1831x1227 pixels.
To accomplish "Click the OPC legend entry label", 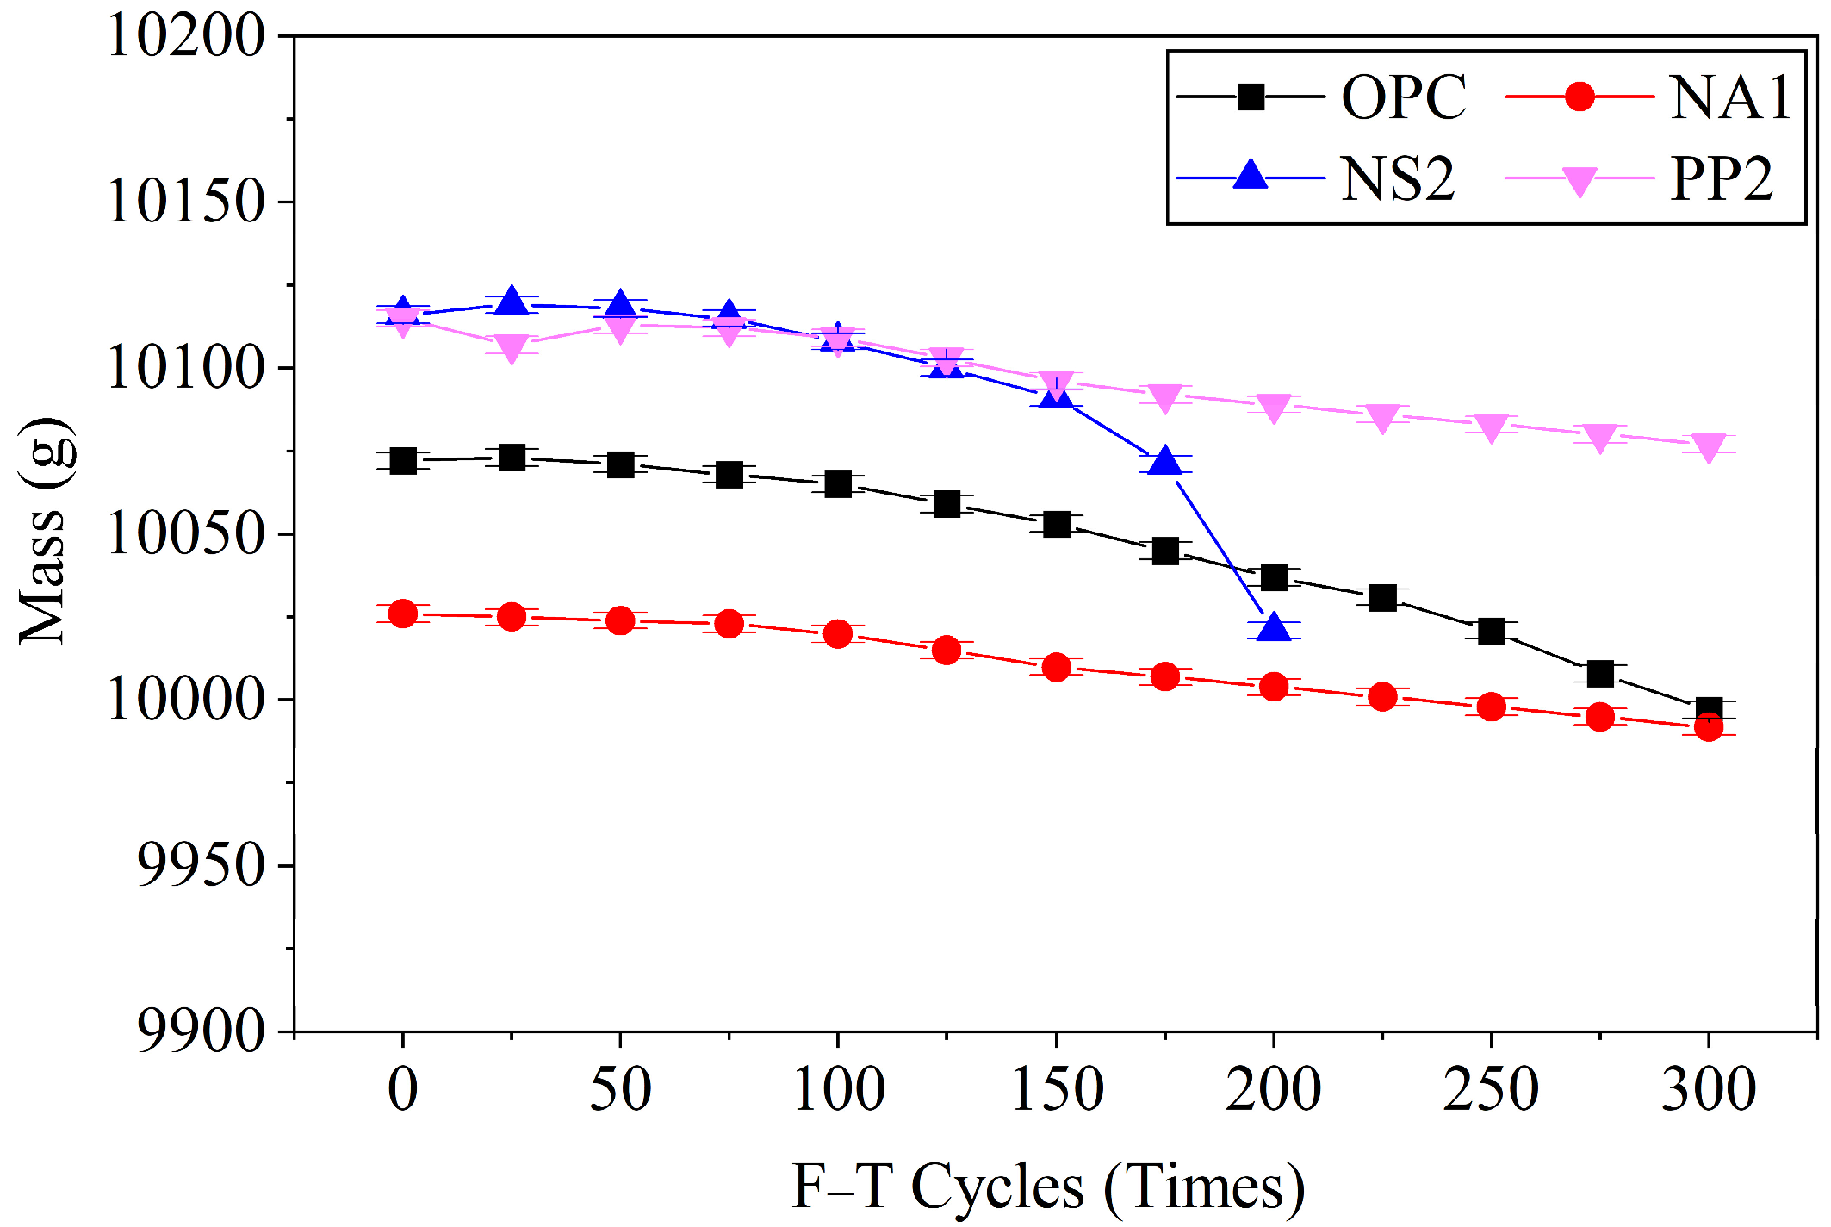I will pos(1403,97).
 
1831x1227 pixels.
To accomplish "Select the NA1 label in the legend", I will pos(1730,97).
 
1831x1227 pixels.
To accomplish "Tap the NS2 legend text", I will pos(1397,179).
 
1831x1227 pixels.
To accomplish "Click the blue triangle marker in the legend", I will pos(1251,176).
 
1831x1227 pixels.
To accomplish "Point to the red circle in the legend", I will pos(1579,97).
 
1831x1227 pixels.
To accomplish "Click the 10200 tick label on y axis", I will pos(186,37).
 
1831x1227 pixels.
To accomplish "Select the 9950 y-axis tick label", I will pos(201,865).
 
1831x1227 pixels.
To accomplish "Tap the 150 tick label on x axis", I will pos(1056,1089).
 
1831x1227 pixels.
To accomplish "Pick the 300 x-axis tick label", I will pos(1709,1089).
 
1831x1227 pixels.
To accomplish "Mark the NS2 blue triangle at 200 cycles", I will pos(1274,628).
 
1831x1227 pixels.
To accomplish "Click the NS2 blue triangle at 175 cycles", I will pos(1165,462).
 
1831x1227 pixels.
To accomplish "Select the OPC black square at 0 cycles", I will pos(403,461).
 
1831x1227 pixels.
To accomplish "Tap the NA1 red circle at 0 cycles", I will pos(403,613).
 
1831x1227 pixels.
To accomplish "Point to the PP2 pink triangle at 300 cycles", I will pos(1709,446).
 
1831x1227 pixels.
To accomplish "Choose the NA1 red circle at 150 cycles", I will pos(1056,667).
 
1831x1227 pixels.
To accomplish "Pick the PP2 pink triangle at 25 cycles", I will pos(512,347).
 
